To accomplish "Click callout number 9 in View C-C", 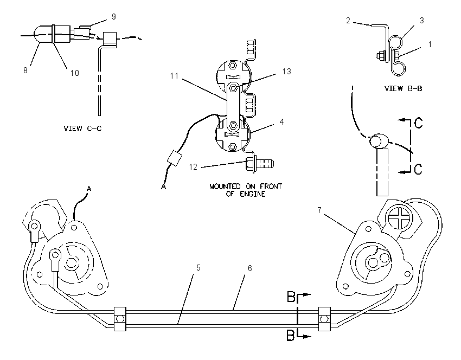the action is coord(114,17).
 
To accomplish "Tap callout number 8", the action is coord(25,70).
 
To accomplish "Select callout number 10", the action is coord(75,73).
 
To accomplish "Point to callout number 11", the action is coord(174,76).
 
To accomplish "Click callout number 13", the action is coord(287,72).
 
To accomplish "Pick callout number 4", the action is coord(281,121).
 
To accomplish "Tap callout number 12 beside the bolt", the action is coord(193,167).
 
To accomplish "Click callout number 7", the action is coord(319,210).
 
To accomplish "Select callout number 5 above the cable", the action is coord(199,267).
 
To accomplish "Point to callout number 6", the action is coord(250,268).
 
